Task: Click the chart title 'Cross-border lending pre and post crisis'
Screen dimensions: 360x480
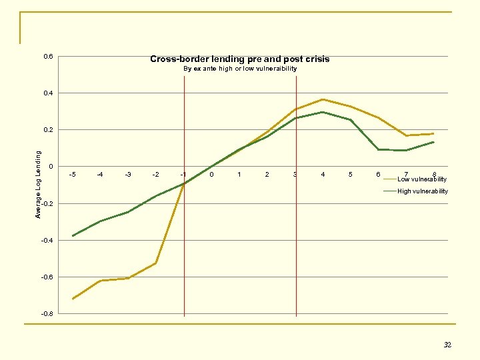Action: click(x=239, y=59)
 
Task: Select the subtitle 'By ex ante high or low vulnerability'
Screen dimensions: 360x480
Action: click(x=239, y=69)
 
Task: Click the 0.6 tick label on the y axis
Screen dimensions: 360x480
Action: click(x=48, y=57)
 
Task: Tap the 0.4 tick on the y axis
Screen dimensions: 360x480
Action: click(x=48, y=93)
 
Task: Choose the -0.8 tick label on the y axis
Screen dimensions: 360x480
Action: click(x=47, y=313)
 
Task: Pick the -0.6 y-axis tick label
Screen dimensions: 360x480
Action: click(x=47, y=277)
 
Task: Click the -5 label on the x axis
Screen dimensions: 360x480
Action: click(x=73, y=175)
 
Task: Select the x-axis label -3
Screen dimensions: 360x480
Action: click(x=128, y=175)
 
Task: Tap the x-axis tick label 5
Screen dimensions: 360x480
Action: click(x=351, y=175)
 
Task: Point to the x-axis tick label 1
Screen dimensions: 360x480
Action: click(x=239, y=175)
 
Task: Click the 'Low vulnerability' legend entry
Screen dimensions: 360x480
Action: click(x=421, y=179)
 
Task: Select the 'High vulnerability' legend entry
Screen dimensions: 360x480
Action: click(x=422, y=191)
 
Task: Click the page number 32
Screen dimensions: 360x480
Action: click(x=447, y=345)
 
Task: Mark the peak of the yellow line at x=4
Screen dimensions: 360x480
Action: click(x=323, y=99)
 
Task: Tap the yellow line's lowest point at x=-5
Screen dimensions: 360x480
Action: click(x=73, y=299)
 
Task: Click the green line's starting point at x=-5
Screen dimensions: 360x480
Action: click(x=73, y=236)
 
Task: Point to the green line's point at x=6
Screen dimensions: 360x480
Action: click(x=379, y=149)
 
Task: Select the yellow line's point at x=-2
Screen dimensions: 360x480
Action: click(x=156, y=263)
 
